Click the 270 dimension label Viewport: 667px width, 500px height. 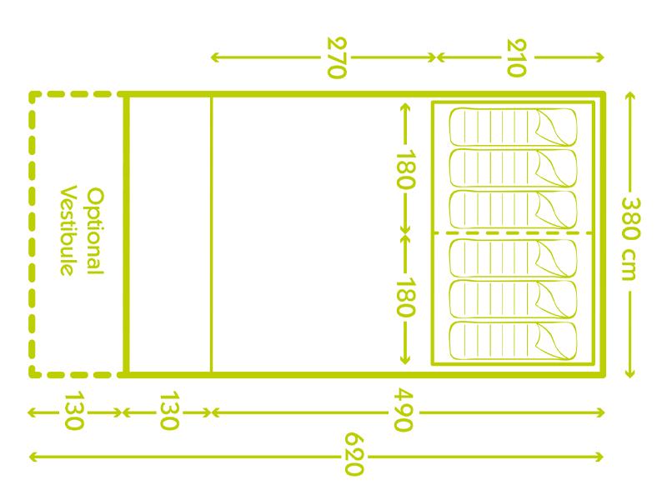[x=336, y=57]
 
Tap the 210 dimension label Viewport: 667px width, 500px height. [x=516, y=57]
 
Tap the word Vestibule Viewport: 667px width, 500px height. [x=69, y=229]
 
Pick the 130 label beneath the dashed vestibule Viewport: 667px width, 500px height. [x=73, y=411]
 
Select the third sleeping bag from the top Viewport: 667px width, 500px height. [x=513, y=211]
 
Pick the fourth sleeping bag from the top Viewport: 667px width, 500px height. [x=513, y=257]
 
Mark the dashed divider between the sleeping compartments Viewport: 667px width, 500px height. [x=513, y=233]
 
